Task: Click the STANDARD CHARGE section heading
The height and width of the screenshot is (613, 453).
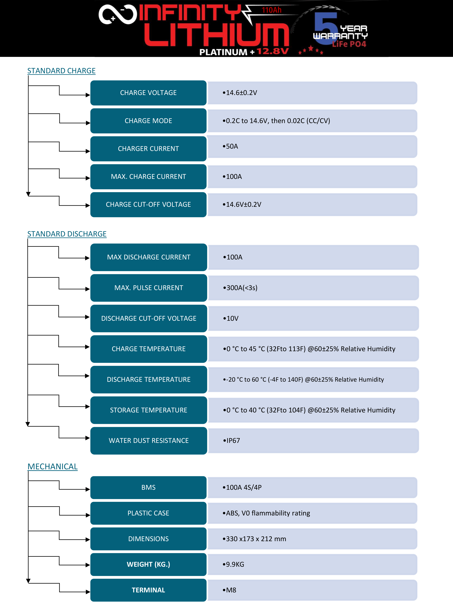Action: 61,71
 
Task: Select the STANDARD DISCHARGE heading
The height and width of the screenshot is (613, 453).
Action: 67,234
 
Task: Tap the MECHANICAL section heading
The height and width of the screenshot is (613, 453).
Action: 53,466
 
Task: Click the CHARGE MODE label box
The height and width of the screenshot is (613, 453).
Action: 148,121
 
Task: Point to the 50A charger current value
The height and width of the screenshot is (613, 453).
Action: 230,146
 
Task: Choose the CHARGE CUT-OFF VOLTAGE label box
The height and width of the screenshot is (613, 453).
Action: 148,205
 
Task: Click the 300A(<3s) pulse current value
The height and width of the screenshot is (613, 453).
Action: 240,288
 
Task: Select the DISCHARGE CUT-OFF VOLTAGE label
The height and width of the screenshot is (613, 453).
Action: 149,318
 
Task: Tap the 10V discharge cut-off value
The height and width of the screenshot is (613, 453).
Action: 231,318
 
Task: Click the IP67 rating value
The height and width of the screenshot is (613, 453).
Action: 232,441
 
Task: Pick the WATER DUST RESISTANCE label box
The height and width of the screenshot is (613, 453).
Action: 149,441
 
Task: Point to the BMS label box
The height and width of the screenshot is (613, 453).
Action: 148,487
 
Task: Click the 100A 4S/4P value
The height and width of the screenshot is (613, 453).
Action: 242,487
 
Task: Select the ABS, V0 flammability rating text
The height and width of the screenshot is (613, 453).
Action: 266,513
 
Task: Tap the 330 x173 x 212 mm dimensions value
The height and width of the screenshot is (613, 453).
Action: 254,539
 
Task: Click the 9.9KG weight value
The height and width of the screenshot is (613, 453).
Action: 233,564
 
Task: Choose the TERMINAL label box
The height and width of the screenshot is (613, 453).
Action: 148,590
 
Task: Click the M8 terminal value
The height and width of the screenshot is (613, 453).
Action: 230,590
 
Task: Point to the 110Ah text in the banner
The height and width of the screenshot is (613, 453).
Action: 272,10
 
